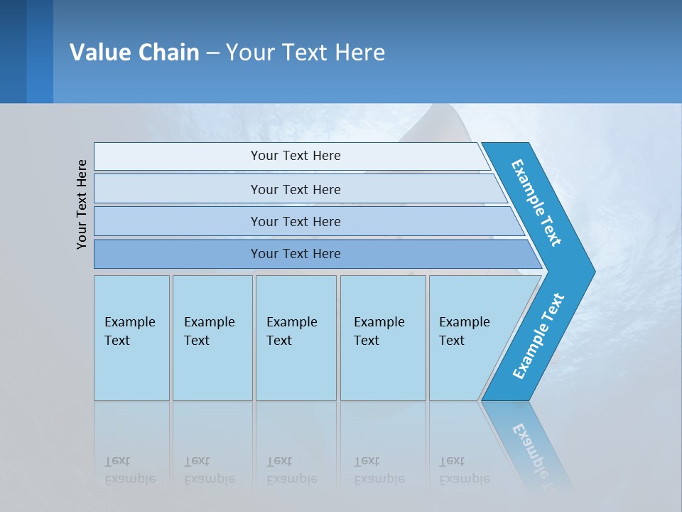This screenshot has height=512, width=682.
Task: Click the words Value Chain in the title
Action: point(134,52)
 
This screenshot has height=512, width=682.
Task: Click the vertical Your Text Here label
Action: point(82,204)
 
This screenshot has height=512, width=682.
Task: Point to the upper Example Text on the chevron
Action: point(536,203)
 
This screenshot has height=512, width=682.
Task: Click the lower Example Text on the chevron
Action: point(538,336)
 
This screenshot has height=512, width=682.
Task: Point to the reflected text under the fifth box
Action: point(464,470)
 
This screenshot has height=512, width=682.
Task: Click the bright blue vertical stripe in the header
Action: point(40,51)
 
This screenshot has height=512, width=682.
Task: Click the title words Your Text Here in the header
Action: point(305,52)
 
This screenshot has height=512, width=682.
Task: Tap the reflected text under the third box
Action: point(291,470)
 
